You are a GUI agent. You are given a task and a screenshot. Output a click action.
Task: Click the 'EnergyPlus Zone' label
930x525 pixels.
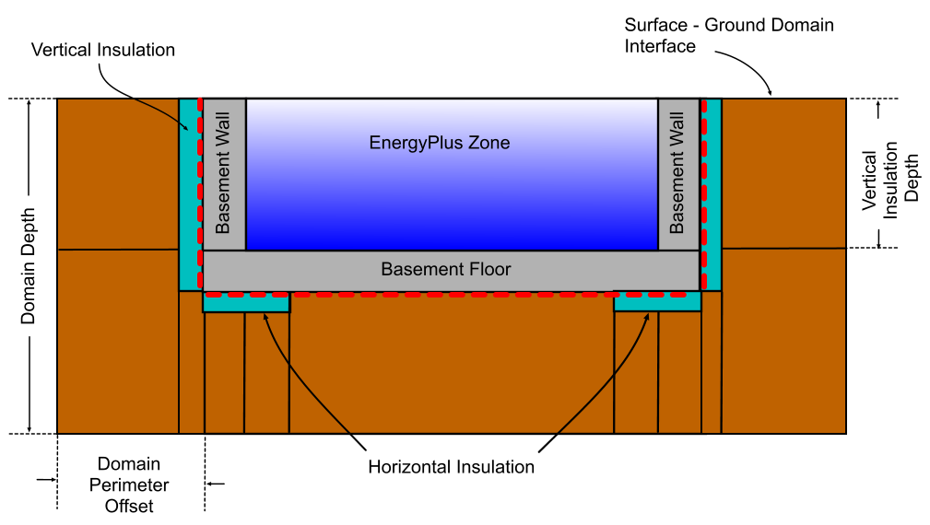coord(439,143)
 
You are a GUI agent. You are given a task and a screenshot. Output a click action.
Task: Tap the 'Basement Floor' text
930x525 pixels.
coord(446,270)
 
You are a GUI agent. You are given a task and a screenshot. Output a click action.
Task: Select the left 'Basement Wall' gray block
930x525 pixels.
coord(224,173)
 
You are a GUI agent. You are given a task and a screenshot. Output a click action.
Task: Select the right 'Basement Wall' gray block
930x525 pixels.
coord(678,173)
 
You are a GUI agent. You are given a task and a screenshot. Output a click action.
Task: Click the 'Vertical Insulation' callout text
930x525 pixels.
coord(103,50)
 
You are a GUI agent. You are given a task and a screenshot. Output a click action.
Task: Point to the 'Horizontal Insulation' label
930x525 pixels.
coord(451,467)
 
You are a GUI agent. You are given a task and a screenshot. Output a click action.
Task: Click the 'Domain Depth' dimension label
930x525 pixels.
coord(29,265)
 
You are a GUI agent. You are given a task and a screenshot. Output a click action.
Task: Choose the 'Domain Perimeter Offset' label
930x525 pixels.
coord(129,484)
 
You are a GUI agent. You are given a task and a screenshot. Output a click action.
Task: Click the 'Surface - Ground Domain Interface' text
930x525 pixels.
coord(728,35)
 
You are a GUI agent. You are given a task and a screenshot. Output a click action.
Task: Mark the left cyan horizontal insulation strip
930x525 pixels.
coord(246,302)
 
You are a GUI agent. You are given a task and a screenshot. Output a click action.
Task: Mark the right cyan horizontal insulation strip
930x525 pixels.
coord(657,302)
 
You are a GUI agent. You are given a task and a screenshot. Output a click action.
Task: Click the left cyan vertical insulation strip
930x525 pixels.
coord(190,193)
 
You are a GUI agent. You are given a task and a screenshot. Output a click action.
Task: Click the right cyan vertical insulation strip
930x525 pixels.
coord(711,193)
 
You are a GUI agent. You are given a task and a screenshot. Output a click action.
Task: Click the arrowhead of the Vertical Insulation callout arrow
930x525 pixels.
coord(194,129)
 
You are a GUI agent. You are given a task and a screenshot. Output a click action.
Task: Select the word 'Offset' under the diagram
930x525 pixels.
coord(129,506)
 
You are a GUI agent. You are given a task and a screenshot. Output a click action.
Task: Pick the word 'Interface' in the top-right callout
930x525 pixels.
coord(660,46)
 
